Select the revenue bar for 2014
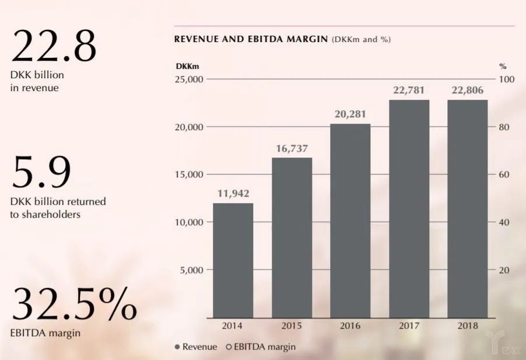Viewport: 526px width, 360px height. (233, 260)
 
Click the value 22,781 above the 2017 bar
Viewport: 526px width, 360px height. (409, 90)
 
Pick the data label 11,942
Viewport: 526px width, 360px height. (233, 194)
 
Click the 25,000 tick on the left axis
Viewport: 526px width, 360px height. (188, 79)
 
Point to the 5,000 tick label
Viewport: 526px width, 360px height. (191, 270)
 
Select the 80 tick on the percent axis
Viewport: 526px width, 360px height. (504, 127)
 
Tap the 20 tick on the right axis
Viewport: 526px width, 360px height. (504, 270)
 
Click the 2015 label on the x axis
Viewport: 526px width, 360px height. (291, 326)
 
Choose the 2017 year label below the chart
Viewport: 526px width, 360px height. (409, 326)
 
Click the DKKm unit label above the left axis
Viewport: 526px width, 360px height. (188, 66)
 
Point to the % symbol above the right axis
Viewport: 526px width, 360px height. (503, 66)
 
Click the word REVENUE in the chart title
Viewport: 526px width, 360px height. (197, 40)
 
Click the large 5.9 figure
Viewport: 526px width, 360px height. (41, 172)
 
